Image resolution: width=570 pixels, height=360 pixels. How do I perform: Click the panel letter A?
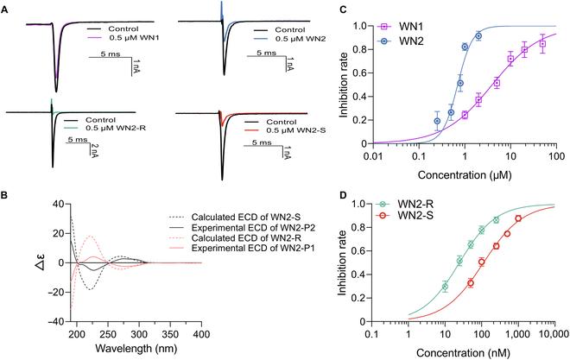coord(6,6)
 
